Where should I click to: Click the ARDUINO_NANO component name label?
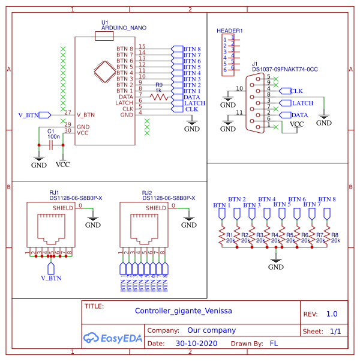124,28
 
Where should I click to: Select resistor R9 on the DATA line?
159,96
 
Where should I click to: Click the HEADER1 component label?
229,31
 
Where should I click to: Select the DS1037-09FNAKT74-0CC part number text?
284,70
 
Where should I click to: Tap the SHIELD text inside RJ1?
63,207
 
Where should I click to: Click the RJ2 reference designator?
147,193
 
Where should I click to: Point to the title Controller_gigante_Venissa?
183,311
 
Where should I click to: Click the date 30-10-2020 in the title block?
196,344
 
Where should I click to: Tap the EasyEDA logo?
113,338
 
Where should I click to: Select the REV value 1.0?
331,314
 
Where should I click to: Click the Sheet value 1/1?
335,331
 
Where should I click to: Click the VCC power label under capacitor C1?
62,164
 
